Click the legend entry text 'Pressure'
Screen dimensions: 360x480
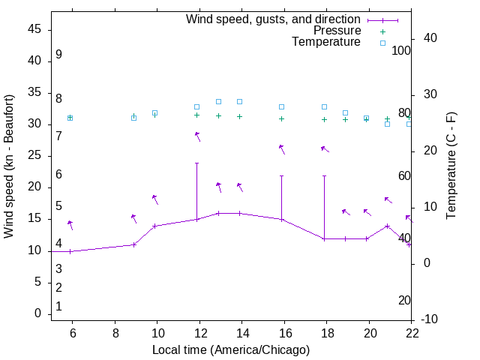[x=337, y=31]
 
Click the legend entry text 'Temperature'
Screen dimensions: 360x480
[x=326, y=42]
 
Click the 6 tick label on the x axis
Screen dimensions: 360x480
[x=73, y=333]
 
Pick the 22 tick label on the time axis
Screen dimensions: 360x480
[x=412, y=333]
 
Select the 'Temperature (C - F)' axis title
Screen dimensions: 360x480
[x=451, y=166]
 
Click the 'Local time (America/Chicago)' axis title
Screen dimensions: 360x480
[x=231, y=349]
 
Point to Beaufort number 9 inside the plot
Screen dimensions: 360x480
[x=58, y=55]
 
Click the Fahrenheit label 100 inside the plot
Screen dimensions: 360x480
[x=402, y=51]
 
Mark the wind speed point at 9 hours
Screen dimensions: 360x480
[x=134, y=244]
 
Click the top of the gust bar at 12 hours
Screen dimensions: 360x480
[x=197, y=163]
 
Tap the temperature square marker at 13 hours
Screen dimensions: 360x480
[x=218, y=101]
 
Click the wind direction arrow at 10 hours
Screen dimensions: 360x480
[x=155, y=199]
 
